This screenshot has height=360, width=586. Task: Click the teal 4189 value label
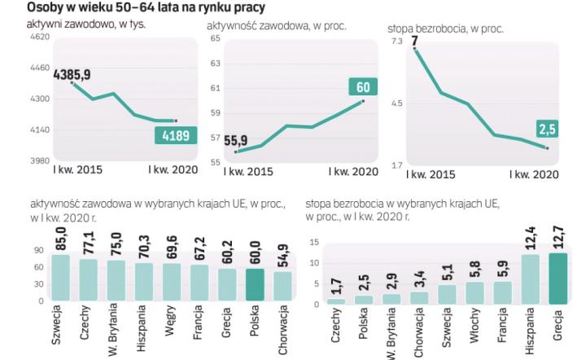tap(177, 137)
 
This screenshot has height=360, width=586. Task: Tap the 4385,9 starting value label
tap(72, 74)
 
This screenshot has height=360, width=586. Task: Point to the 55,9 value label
tap(236, 141)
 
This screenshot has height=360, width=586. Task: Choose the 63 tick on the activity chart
tap(216, 63)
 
